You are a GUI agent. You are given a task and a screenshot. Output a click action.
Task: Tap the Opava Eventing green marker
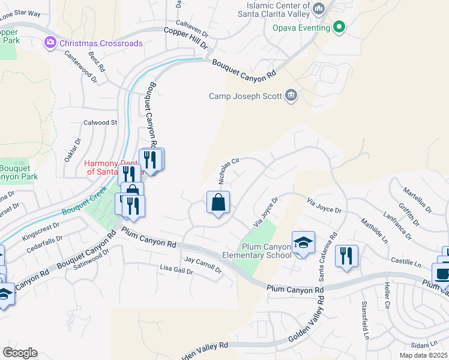(339, 26)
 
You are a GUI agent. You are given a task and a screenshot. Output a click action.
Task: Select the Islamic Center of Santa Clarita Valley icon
(319, 8)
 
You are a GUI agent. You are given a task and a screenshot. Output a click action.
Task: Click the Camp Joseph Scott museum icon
(292, 96)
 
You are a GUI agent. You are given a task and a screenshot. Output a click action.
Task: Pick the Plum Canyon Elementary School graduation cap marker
(303, 242)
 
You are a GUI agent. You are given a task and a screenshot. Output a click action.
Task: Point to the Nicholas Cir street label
(228, 171)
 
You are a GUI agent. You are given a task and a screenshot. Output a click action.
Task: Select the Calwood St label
(100, 122)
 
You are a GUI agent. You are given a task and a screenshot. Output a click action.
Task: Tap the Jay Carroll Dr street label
(203, 264)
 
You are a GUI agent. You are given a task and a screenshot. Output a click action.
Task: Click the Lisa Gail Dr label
(176, 270)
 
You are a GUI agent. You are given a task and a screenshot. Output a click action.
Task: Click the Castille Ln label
(406, 262)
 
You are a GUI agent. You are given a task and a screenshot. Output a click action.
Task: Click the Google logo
(20, 352)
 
